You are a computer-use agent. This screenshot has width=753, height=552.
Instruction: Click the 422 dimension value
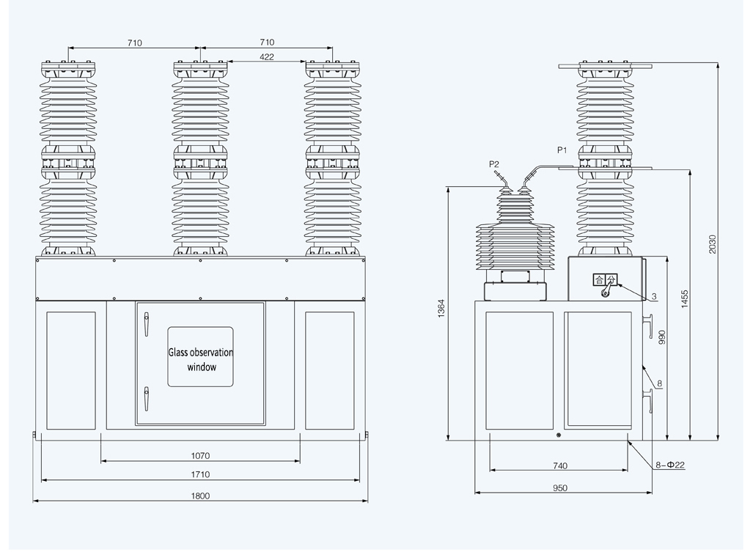(x=266, y=56)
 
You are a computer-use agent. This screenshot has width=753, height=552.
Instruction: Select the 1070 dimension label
(x=200, y=455)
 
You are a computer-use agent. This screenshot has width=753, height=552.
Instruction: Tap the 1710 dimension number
(x=200, y=474)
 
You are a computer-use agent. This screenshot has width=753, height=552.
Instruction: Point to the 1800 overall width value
(x=200, y=496)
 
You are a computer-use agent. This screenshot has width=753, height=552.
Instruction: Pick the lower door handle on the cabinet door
(x=146, y=399)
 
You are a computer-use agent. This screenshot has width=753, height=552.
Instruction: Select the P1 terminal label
(x=562, y=150)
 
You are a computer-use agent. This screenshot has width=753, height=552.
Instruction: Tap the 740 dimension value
(x=560, y=465)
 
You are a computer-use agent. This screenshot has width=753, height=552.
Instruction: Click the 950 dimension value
(x=560, y=487)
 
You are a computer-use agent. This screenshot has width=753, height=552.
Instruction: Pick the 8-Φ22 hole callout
(x=670, y=465)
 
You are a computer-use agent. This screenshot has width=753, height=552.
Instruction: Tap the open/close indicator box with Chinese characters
(x=606, y=279)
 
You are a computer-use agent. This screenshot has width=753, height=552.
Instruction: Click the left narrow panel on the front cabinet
(x=71, y=370)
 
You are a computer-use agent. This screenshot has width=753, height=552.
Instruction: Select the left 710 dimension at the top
(x=134, y=43)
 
